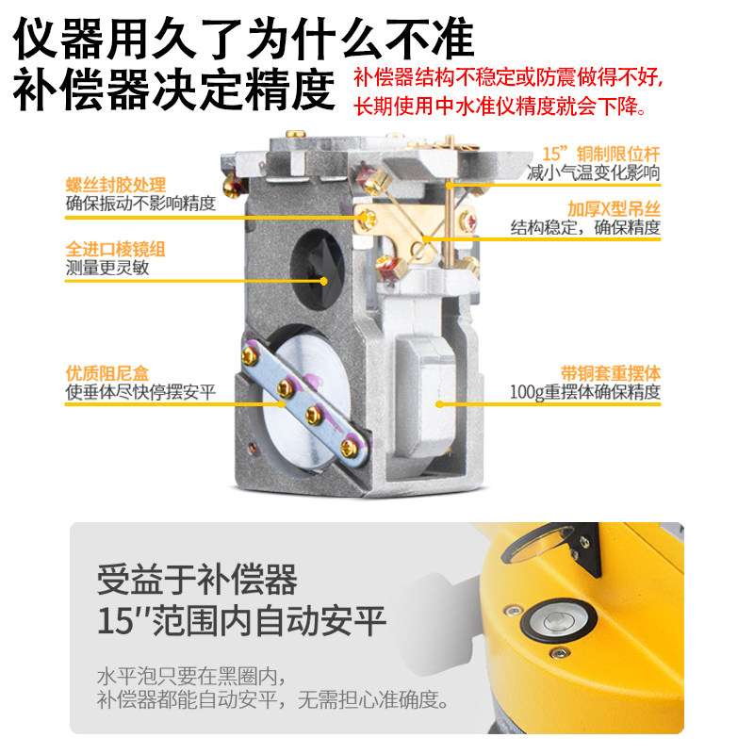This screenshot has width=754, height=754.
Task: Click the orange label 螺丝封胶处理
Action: [x=115, y=185]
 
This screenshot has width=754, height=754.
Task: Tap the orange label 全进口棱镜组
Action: [x=115, y=250]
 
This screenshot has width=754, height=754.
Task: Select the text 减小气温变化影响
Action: [x=593, y=172]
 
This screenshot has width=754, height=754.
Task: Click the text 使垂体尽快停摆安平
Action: [x=140, y=392]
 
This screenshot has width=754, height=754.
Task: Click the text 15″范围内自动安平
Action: [x=241, y=622]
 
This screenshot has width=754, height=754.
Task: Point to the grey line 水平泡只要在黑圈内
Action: [x=189, y=678]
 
